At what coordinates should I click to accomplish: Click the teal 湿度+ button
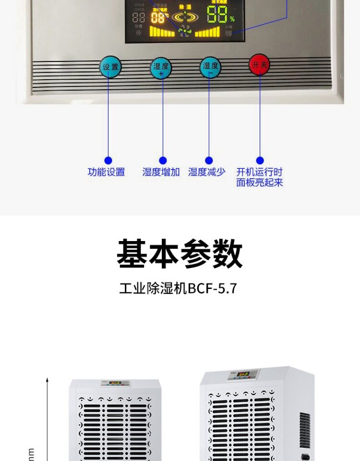pyautogui.click(x=161, y=68)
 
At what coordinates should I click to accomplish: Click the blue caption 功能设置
pyautogui.click(x=106, y=172)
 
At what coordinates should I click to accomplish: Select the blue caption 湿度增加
pyautogui.click(x=161, y=172)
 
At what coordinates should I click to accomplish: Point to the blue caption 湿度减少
pyautogui.click(x=207, y=172)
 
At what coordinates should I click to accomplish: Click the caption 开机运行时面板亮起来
pyautogui.click(x=260, y=177)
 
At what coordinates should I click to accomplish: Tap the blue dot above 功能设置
pyautogui.click(x=108, y=160)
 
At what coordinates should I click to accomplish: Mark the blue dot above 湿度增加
pyautogui.click(x=163, y=160)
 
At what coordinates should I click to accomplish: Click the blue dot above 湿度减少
pyautogui.click(x=209, y=160)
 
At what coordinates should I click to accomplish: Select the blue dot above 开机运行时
pyautogui.click(x=260, y=160)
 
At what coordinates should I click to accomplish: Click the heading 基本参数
pyautogui.click(x=180, y=255)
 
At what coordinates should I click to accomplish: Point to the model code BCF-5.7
pyautogui.click(x=213, y=289)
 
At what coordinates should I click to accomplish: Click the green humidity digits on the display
pyautogui.click(x=217, y=14)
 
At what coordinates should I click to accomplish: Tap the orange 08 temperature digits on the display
pyautogui.click(x=158, y=18)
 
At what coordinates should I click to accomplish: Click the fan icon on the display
pyautogui.click(x=184, y=31)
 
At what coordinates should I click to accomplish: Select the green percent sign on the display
pyautogui.click(x=232, y=20)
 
